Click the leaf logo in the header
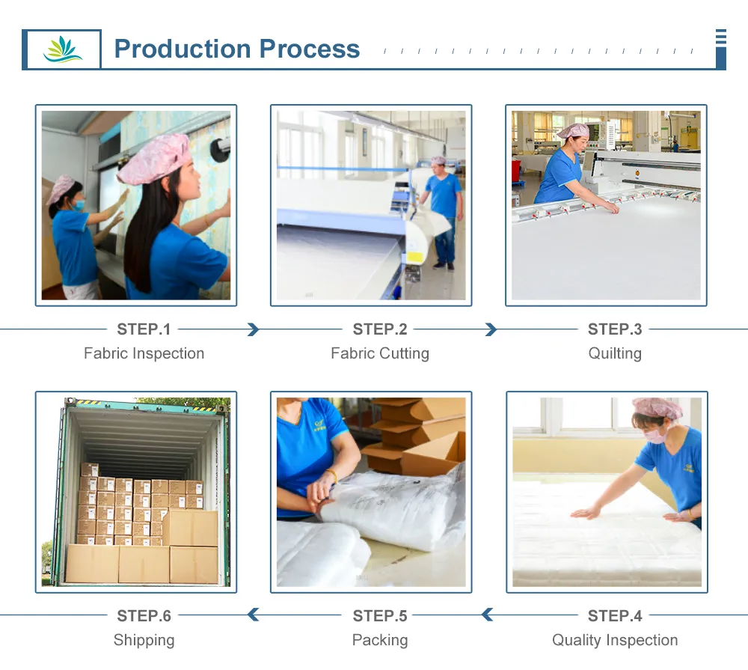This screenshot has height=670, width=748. click(63, 49)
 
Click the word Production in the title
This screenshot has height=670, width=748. click(183, 49)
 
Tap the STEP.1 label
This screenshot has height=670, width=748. click(144, 329)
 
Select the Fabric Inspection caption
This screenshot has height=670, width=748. click(144, 353)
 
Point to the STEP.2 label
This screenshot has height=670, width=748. click(380, 329)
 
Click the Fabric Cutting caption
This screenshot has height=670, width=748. click(380, 353)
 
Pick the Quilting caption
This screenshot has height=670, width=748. click(614, 353)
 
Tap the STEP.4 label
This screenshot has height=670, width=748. click(614, 615)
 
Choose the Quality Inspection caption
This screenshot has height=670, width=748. click(614, 640)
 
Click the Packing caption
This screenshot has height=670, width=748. click(380, 640)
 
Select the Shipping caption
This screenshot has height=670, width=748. click(144, 640)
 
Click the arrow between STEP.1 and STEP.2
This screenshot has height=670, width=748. click(254, 329)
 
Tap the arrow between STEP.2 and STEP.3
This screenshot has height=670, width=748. click(491, 329)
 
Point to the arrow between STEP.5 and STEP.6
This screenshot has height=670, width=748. click(254, 615)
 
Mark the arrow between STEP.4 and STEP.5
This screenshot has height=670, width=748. click(487, 615)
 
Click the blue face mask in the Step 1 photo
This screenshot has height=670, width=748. click(79, 205)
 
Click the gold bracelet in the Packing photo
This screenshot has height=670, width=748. click(331, 475)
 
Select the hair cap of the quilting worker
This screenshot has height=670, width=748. click(574, 130)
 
